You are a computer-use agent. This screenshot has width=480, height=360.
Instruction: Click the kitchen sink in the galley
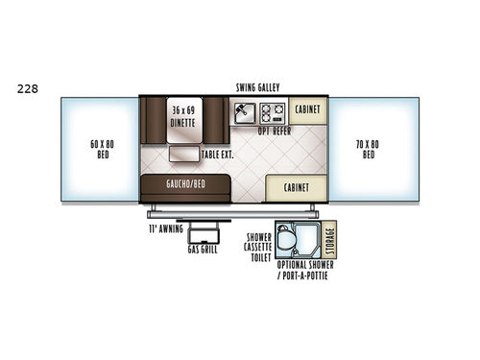click(244, 109)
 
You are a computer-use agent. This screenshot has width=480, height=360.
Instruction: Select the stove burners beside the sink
click(270, 109)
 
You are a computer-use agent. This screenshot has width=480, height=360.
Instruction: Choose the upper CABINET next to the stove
click(307, 109)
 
